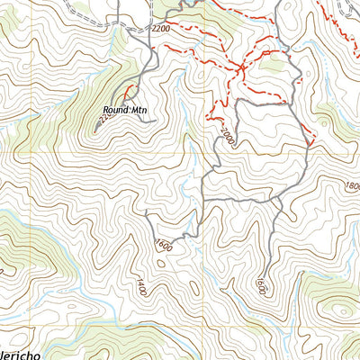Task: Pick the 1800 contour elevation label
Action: (x=350, y=185)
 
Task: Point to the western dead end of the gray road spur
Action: (x=146, y=212)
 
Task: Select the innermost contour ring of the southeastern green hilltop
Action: (x=343, y=310)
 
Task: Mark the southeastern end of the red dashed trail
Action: (x=310, y=142)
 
